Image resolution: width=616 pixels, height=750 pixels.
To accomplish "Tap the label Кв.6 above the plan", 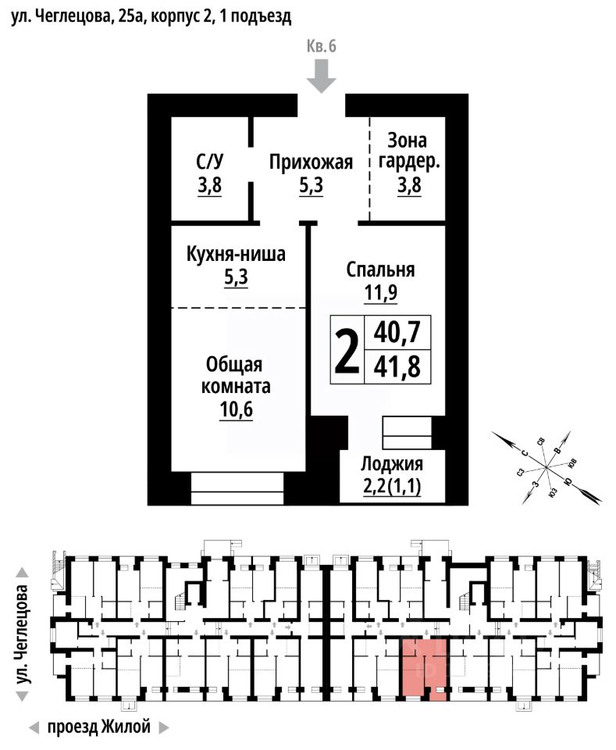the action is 321,46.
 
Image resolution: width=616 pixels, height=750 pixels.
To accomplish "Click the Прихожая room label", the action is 312,162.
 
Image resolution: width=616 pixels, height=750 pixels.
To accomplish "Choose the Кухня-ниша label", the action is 236,255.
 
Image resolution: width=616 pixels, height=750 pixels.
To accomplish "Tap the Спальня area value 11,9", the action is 380,293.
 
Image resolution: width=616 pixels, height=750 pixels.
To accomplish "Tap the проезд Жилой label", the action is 98,727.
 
